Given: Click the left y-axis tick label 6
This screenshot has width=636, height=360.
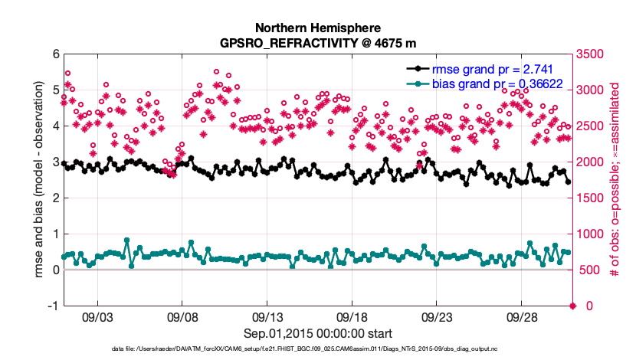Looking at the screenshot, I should [x=55, y=54].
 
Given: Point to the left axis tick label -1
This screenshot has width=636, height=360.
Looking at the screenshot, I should [x=52, y=306].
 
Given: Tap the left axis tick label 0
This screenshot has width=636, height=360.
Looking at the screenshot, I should [x=55, y=270].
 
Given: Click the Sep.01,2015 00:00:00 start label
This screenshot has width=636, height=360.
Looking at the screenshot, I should [x=318, y=333].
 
